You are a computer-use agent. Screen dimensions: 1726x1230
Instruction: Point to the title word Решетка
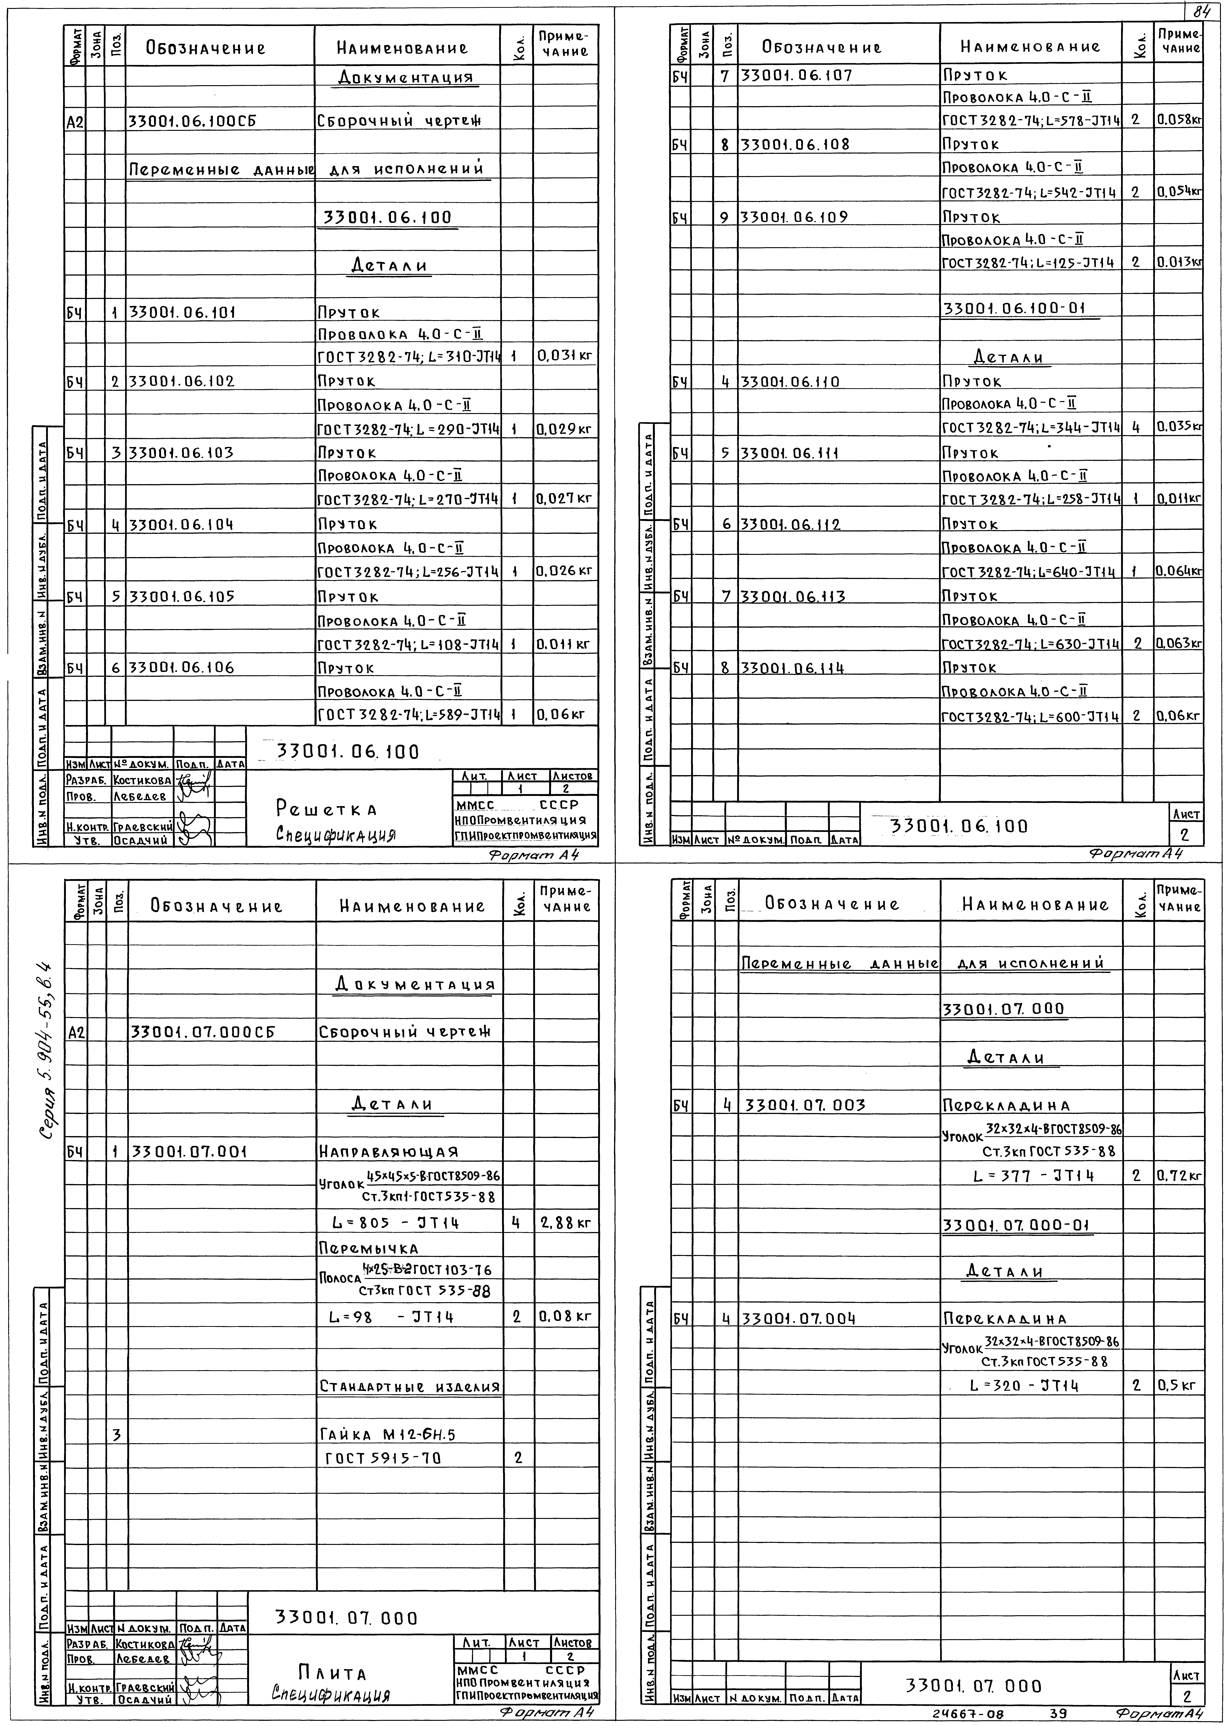coord(326,810)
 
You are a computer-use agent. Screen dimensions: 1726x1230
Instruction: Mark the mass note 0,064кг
coord(1178,570)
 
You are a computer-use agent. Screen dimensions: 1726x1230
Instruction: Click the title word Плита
coord(332,1672)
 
